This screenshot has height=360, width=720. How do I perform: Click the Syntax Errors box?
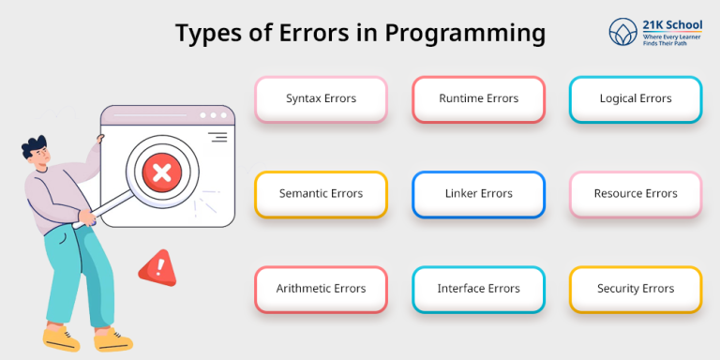[321, 98]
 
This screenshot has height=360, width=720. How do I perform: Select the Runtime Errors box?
[478, 98]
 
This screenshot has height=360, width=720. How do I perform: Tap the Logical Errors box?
[636, 98]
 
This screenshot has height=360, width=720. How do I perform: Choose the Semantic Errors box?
[321, 194]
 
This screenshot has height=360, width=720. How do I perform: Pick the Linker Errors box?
[478, 194]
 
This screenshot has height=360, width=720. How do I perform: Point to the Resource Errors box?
[636, 194]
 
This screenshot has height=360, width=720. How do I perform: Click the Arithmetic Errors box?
[321, 289]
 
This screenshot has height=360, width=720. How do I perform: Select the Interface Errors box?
[478, 289]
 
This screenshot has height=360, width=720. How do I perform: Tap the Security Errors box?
[636, 289]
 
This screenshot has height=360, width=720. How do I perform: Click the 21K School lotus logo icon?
[622, 31]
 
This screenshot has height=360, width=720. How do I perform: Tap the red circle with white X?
[161, 172]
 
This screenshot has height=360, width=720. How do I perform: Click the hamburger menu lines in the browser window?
[217, 138]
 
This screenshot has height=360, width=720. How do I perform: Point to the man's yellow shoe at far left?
[59, 335]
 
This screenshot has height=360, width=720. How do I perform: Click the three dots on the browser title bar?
[213, 115]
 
